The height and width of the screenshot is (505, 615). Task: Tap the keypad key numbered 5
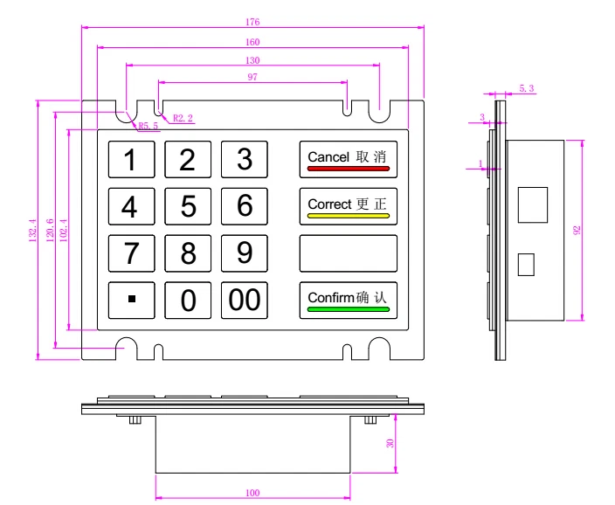[188, 206]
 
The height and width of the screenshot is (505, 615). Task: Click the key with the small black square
[131, 300]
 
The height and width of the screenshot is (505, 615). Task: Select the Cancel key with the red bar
[348, 159]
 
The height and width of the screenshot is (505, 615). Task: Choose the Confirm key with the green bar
[348, 300]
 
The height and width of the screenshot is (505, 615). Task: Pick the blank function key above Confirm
[348, 252]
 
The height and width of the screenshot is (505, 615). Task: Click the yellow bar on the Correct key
[348, 215]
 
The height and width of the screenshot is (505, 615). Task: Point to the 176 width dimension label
[252, 22]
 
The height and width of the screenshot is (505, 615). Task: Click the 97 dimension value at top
[252, 77]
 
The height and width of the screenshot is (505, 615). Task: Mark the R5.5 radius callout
[149, 126]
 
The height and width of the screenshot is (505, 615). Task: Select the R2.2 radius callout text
[183, 117]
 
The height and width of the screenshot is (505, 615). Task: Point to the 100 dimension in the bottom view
[252, 493]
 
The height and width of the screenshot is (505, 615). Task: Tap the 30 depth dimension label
[390, 443]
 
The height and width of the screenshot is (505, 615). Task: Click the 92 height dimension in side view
[577, 230]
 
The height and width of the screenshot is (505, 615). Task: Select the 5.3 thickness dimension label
[527, 88]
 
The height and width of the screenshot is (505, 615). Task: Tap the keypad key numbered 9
[245, 252]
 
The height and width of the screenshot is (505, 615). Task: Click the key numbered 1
[131, 159]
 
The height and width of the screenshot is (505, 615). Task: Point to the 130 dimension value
[252, 59]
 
